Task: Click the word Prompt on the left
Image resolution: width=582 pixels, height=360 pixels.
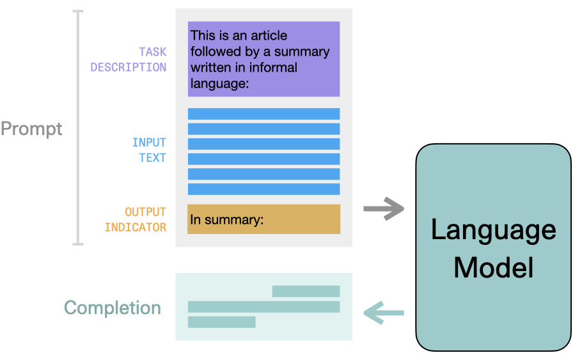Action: pos(31,129)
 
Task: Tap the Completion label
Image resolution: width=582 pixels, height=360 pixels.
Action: pos(113,308)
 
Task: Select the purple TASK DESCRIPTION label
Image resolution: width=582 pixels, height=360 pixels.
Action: pos(129,59)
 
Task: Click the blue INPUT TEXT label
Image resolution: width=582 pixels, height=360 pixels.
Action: pos(149,150)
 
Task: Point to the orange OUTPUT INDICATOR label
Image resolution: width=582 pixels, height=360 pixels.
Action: pos(136,219)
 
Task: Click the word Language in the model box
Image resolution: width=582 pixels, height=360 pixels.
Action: pos(493,230)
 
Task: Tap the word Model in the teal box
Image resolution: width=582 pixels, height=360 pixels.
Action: pos(493,267)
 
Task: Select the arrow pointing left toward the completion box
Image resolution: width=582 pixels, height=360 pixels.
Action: pos(384,313)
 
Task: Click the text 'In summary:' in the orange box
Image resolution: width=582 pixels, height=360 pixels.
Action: pos(227,220)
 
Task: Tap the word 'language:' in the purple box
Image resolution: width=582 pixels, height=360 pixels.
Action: pos(219,84)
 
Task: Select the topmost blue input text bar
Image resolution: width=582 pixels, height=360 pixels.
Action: pos(263,114)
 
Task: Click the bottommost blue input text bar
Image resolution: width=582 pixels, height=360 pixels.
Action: pos(263,189)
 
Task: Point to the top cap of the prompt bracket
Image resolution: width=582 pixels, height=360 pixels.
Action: pos(78,11)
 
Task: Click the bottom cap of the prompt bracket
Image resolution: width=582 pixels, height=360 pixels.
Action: pos(78,244)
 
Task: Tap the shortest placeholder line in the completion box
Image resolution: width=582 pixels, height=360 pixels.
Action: pos(221,322)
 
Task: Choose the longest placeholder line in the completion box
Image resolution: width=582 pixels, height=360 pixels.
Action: pos(263,307)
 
